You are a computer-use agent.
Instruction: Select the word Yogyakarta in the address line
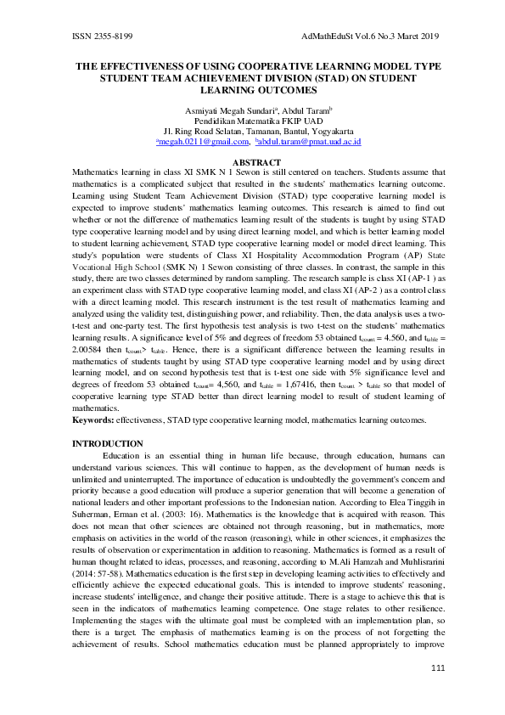[327, 132]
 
